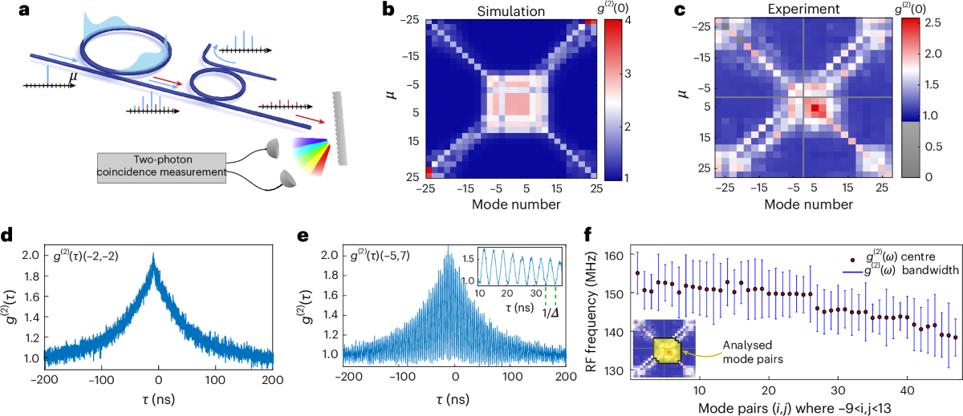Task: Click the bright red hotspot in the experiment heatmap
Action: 815,107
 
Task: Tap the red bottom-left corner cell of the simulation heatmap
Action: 430,172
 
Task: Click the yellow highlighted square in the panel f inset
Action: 667,351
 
